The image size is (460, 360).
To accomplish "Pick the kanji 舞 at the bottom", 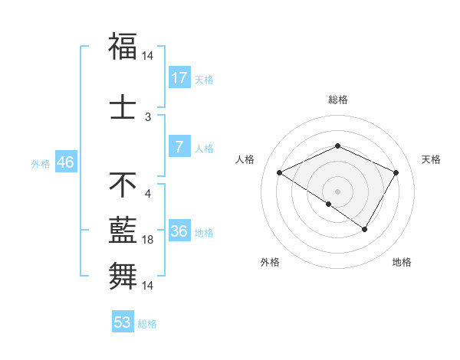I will (x=123, y=273).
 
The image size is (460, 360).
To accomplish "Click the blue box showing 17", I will (x=179, y=78).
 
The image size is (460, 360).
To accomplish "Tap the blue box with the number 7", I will (x=179, y=147).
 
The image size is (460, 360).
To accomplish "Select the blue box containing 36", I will (x=179, y=231).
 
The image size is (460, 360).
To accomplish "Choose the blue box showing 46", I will (x=65, y=162).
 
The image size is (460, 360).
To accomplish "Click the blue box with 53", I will (x=123, y=322).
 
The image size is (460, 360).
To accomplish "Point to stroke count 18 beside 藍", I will (x=149, y=241).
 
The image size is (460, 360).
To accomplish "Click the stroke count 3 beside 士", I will (x=149, y=117).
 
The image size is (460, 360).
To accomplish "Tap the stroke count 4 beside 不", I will (x=148, y=193).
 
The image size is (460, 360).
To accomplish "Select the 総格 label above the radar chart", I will (x=338, y=100).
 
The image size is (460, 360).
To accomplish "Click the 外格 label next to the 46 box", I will (x=41, y=163).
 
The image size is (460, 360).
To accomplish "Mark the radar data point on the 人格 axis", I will (x=280, y=173).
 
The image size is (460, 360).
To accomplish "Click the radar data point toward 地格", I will (x=365, y=229).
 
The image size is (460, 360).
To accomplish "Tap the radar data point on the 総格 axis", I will (x=337, y=146).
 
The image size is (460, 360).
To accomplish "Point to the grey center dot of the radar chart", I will (x=337, y=190).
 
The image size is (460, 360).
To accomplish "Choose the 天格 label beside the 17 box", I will (x=204, y=79).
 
